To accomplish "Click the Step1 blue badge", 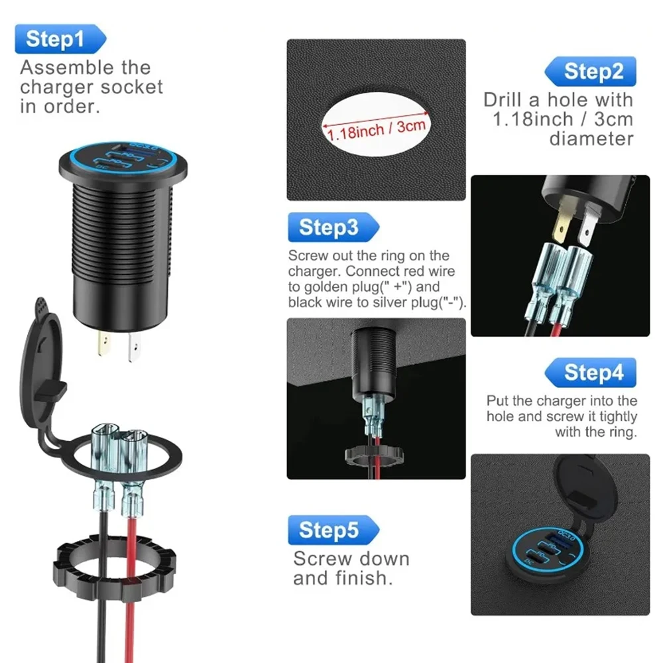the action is (x=60, y=39).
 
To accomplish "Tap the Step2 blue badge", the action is (x=591, y=71).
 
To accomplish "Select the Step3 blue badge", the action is (x=333, y=227).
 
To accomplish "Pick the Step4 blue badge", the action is (x=591, y=373).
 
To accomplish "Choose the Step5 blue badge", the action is (x=333, y=530).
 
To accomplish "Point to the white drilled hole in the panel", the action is (x=376, y=124).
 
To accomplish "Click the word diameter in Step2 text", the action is (x=591, y=139).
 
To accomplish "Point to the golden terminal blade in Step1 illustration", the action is (x=103, y=343).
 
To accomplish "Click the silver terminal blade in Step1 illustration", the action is (x=135, y=347).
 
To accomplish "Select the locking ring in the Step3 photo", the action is (x=374, y=456).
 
